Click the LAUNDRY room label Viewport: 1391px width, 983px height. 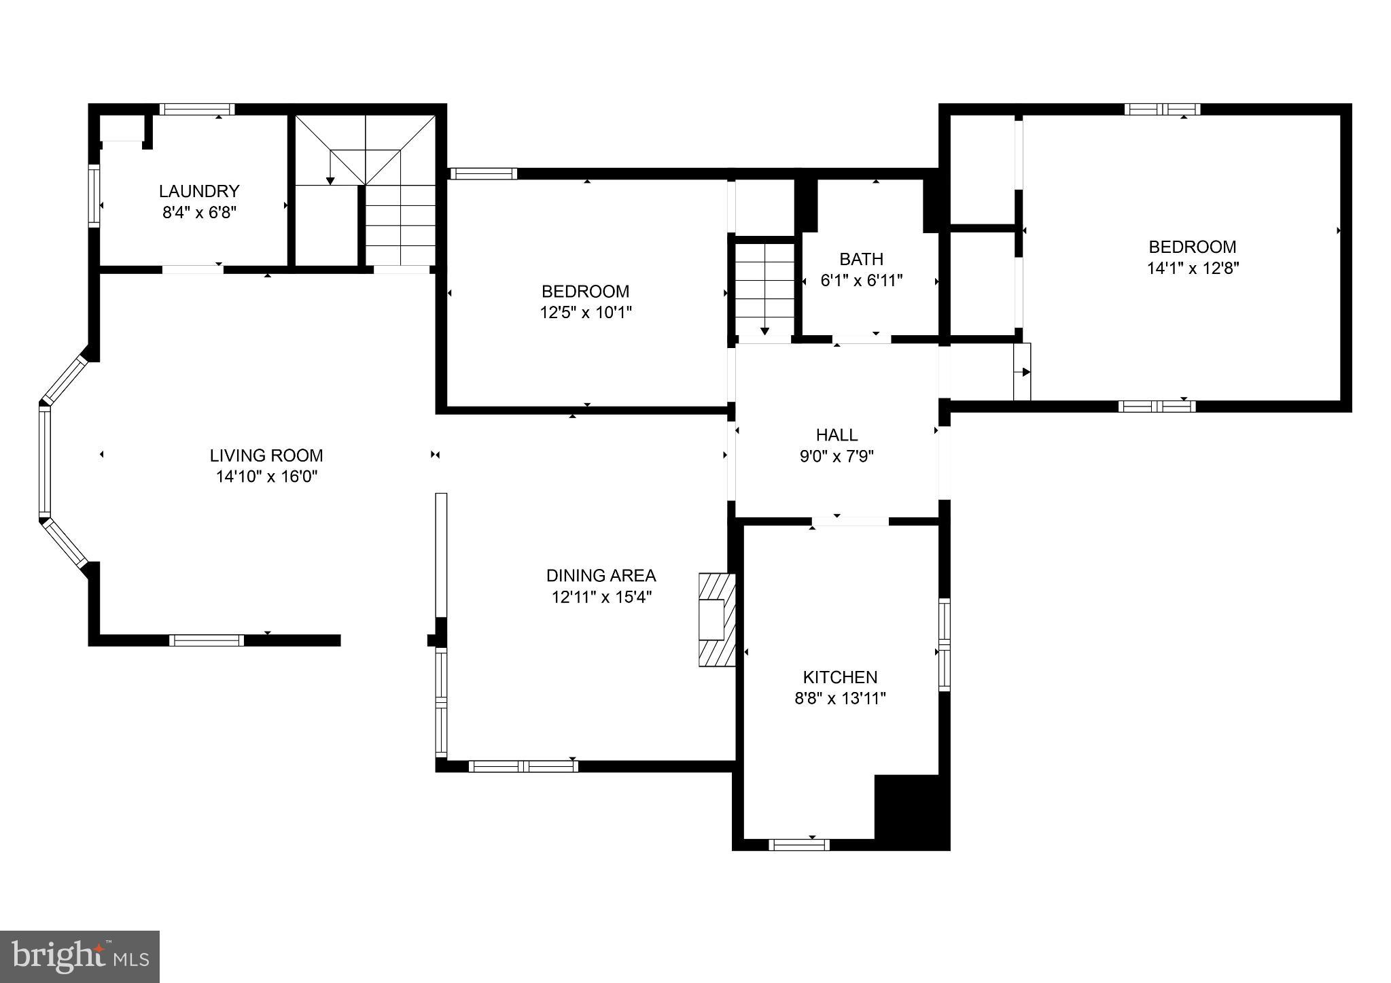click(199, 191)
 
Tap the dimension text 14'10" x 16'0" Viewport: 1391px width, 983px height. click(266, 477)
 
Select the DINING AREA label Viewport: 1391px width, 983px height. click(601, 576)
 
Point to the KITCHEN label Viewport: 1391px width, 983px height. click(840, 677)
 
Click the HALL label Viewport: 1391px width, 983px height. click(837, 434)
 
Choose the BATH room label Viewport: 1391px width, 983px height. click(861, 259)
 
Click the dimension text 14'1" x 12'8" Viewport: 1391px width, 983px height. click(1193, 268)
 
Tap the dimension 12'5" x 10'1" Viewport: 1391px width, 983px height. click(585, 313)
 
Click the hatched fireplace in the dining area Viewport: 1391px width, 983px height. click(717, 619)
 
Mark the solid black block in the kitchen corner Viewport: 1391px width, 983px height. click(911, 810)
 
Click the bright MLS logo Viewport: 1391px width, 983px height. click(80, 957)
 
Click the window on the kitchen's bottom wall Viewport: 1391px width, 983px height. click(798, 844)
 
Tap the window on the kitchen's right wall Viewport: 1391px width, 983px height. click(944, 644)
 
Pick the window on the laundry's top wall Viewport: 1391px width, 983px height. click(197, 109)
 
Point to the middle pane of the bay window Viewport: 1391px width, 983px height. click(45, 461)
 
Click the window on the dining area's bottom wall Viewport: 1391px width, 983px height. click(523, 766)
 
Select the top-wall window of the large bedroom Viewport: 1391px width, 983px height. click(1162, 109)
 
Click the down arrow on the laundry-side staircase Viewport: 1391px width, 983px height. click(330, 179)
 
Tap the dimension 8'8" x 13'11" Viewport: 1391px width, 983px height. click(840, 698)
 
